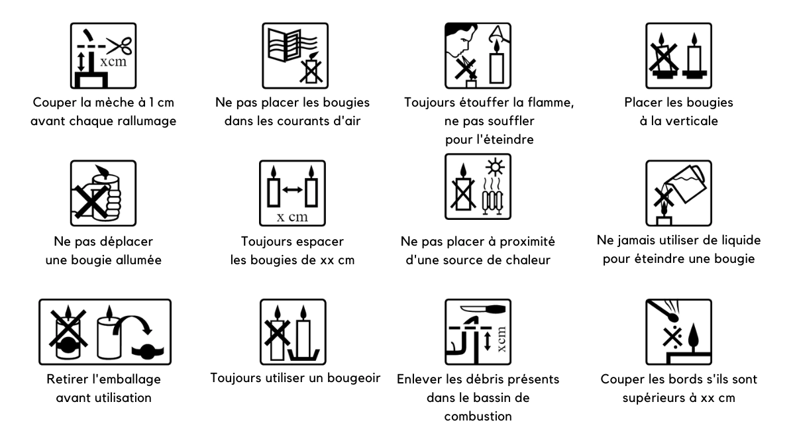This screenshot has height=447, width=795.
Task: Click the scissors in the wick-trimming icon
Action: [x=120, y=46]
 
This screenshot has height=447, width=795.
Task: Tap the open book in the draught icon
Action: [x=285, y=46]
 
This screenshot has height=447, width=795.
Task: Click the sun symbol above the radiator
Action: [x=496, y=167]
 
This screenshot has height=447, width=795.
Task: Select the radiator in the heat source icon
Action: [x=492, y=202]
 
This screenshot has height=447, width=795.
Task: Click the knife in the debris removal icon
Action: [x=483, y=309]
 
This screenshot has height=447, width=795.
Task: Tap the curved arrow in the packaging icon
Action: [x=133, y=325]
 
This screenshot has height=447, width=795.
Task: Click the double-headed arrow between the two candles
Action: [x=292, y=190]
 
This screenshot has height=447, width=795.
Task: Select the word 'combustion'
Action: [x=478, y=416]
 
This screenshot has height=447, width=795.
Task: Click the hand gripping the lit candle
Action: [x=107, y=199]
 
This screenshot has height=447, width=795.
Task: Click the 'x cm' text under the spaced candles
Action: [x=292, y=217]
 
